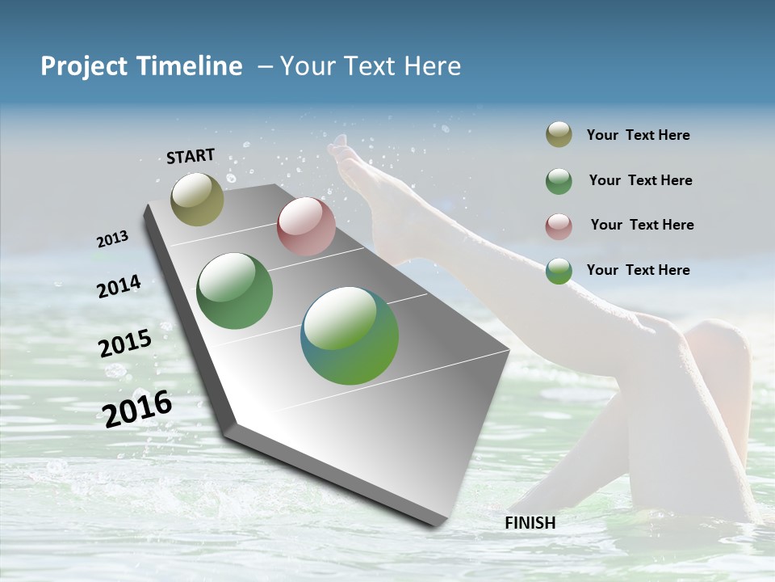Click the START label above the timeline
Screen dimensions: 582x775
point(191,156)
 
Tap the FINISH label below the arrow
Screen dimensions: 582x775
point(530,523)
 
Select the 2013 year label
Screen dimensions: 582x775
point(112,239)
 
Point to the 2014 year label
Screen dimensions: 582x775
point(119,286)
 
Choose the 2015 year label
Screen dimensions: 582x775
point(125,344)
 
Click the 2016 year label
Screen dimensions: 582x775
point(137,408)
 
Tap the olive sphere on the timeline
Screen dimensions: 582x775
point(197,199)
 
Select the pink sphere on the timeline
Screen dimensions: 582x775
point(306,226)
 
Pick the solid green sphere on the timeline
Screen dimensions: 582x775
point(235,291)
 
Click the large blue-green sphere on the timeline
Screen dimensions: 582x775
point(350,335)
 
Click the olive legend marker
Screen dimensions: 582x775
point(559,135)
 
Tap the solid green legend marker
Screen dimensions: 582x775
point(559,181)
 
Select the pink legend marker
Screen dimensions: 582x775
point(559,226)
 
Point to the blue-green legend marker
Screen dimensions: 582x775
point(559,271)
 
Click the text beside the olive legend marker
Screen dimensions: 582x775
point(638,135)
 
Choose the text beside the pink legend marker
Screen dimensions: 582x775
point(642,225)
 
